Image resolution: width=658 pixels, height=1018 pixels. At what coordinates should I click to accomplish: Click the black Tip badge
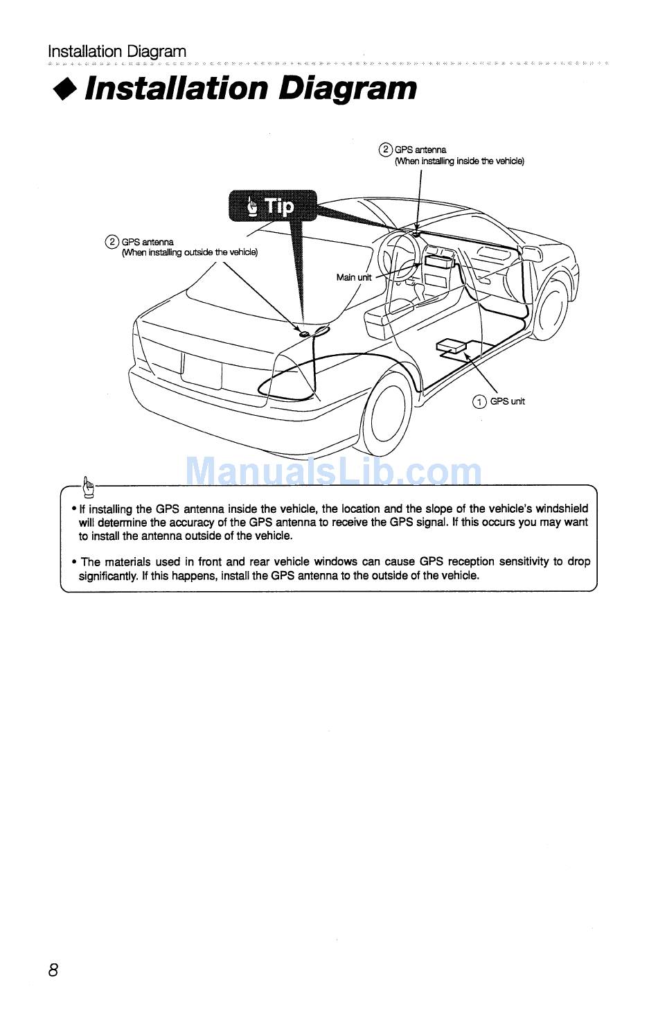[273, 206]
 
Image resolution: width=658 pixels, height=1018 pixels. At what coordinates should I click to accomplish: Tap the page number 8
[53, 970]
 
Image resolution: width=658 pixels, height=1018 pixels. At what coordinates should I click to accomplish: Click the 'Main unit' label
[353, 277]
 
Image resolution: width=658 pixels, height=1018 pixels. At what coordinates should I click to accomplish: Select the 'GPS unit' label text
[508, 401]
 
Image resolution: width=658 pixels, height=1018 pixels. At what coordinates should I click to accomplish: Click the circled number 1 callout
[479, 402]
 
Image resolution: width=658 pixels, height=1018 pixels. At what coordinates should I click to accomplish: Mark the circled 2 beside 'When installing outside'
[112, 242]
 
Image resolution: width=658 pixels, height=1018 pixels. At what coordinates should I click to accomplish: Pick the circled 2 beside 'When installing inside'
[385, 149]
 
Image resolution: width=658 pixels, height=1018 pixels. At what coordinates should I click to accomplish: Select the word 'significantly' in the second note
[107, 575]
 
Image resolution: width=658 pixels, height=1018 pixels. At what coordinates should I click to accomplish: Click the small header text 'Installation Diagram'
[117, 51]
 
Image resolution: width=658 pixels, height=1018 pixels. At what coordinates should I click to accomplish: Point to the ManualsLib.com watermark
[334, 473]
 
